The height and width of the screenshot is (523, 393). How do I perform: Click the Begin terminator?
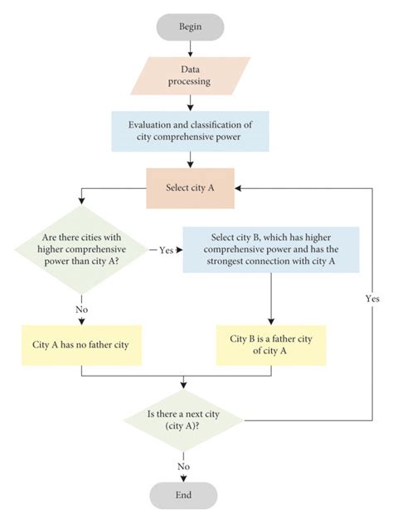[x=190, y=26]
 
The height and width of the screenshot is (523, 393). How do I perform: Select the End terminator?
[x=183, y=495]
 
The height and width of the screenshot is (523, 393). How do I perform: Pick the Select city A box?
[x=190, y=188]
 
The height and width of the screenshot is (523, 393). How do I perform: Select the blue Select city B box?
[x=271, y=249]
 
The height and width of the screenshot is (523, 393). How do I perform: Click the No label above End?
[x=183, y=465]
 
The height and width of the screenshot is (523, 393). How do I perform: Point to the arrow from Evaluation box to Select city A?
[x=190, y=159]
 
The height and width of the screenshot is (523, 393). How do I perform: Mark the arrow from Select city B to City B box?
[x=271, y=298]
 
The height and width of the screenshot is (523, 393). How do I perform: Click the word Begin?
[x=190, y=26]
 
